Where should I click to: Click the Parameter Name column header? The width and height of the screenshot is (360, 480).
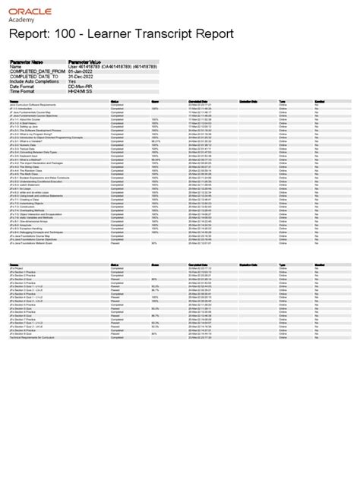click(x=27, y=62)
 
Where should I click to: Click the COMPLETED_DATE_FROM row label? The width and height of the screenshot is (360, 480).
click(x=34, y=72)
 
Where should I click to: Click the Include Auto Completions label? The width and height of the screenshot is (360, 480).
click(x=34, y=82)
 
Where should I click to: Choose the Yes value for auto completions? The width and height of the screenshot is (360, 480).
click(x=72, y=82)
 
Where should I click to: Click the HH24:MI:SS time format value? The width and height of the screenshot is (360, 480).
click(x=81, y=92)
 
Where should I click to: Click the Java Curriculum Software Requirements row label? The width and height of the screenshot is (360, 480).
click(x=33, y=104)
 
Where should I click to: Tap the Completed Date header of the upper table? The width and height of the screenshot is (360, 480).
click(x=200, y=99)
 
